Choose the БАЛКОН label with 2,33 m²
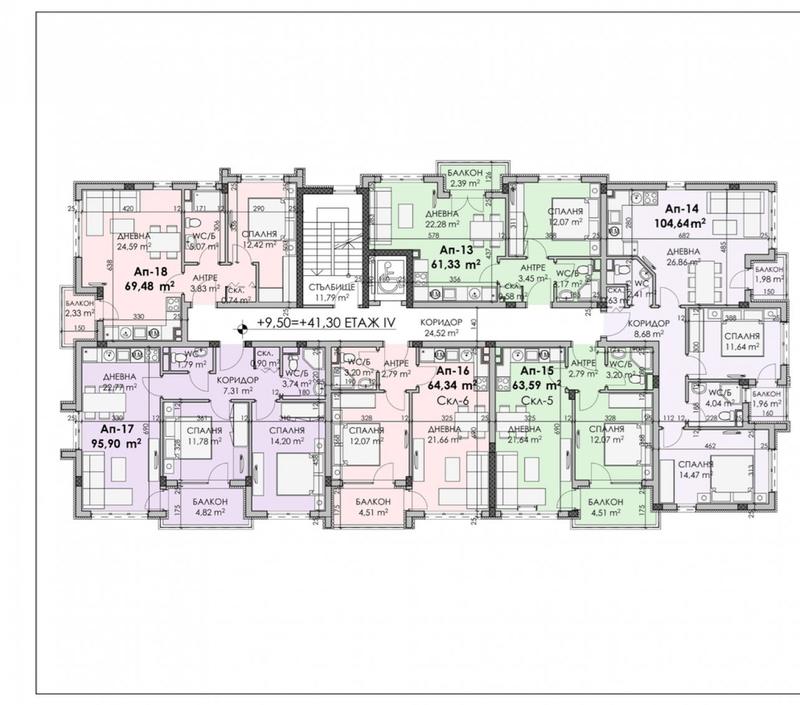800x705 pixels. (81, 302)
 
